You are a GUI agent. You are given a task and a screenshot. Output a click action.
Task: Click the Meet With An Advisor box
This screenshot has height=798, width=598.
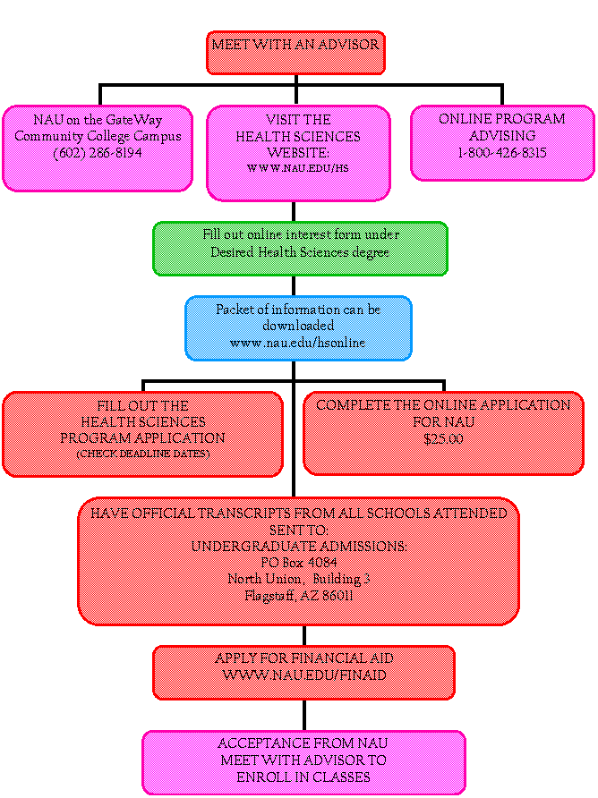coord(295,53)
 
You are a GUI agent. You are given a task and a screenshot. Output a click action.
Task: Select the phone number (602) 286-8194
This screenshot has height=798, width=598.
coord(97,153)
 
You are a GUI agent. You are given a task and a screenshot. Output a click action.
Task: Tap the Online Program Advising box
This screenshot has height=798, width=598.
coord(502,143)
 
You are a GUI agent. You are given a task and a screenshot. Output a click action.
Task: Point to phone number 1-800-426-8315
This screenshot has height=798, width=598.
coord(502,153)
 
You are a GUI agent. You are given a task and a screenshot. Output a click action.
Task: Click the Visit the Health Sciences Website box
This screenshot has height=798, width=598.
coord(298,153)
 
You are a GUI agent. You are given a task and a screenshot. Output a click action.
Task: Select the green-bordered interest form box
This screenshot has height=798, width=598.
coord(300,249)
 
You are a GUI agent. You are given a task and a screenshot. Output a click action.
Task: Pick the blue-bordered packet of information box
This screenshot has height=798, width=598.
coord(298,328)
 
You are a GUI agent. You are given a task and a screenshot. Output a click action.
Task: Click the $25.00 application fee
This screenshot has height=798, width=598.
coord(443,439)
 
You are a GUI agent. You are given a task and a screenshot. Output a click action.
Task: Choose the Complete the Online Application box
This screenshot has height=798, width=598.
coord(443,433)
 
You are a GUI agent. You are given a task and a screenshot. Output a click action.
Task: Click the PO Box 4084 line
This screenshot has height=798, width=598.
coord(299,563)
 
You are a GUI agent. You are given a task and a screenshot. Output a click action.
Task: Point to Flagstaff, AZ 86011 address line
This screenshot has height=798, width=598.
coord(299,595)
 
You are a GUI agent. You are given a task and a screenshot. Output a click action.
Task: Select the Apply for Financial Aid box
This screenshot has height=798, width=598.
coord(303,672)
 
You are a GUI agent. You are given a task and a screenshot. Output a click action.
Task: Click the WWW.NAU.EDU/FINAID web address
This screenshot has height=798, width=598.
coord(303,675)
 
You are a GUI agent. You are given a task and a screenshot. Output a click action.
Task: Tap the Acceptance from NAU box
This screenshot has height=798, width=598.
coord(303,762)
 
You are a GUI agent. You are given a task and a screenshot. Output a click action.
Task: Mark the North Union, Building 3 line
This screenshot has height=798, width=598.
coord(299,579)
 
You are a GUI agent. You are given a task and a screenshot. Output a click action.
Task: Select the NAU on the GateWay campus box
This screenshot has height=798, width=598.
coord(97,148)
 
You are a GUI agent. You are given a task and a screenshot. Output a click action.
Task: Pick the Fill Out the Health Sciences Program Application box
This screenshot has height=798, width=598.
coord(142,434)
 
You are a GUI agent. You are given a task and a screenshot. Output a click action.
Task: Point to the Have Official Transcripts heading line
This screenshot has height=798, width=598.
coord(299,514)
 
